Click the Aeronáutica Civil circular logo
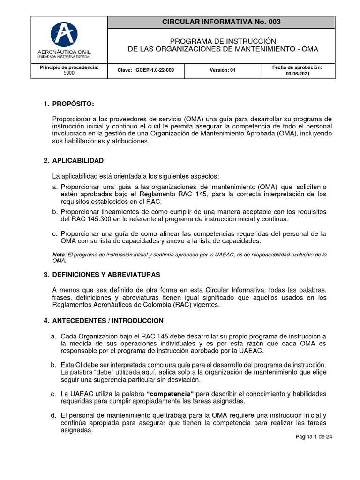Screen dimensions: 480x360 pyautogui.click(x=69, y=34)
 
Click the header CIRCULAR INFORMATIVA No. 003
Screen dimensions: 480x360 pyautogui.click(x=221, y=22)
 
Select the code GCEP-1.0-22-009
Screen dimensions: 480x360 pyautogui.click(x=155, y=70)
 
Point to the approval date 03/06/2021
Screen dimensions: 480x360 pyautogui.click(x=298, y=74)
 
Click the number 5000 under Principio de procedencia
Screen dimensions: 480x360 pyautogui.click(x=69, y=74)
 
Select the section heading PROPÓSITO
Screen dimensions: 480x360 pyautogui.click(x=75, y=104)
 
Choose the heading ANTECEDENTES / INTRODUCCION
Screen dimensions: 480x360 pyautogui.click(x=108, y=321)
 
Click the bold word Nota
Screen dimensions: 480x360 pyautogui.click(x=58, y=254)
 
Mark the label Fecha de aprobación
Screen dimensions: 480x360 pyautogui.click(x=298, y=67)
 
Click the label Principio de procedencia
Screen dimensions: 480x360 pyautogui.click(x=69, y=67)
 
